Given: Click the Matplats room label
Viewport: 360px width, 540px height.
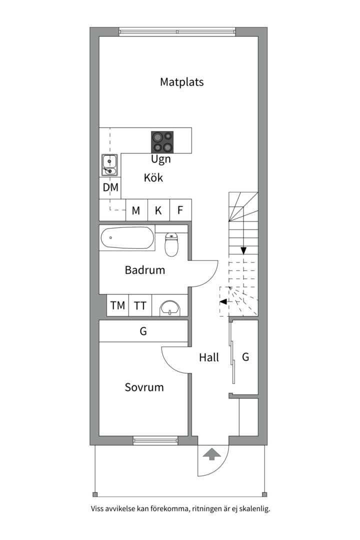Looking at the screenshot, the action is [182, 82].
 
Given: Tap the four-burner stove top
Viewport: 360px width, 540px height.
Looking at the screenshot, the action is [162, 142].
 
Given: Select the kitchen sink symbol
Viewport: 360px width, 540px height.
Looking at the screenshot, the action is [109, 164].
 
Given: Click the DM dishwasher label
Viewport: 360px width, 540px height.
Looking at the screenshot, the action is [110, 187].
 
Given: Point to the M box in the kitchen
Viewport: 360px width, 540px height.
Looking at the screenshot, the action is [136, 210].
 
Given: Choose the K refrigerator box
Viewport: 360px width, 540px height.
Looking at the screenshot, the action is [158, 210].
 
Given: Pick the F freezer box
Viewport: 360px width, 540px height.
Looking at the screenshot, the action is [180, 210].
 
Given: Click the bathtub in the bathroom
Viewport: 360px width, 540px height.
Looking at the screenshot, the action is [127, 237].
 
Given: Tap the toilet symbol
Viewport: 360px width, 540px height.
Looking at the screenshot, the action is [171, 244].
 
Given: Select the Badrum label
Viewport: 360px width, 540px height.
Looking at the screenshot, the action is [144, 270].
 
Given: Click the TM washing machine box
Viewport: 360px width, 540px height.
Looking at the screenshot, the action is [117, 305].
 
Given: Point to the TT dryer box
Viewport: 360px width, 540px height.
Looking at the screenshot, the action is [140, 305].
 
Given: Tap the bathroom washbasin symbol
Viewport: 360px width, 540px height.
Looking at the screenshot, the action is [170, 307].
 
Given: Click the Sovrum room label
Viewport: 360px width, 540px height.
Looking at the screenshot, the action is [144, 387].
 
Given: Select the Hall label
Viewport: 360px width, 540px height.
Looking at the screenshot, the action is [209, 357].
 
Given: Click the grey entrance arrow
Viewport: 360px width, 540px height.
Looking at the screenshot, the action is [212, 454].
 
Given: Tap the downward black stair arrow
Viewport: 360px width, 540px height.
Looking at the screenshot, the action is [243, 250].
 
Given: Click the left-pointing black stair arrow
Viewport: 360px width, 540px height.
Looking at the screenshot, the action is [223, 301].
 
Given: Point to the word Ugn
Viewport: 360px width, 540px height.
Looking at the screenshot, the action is [161, 159].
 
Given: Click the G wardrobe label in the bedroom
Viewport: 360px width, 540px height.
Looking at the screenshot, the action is [143, 331].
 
